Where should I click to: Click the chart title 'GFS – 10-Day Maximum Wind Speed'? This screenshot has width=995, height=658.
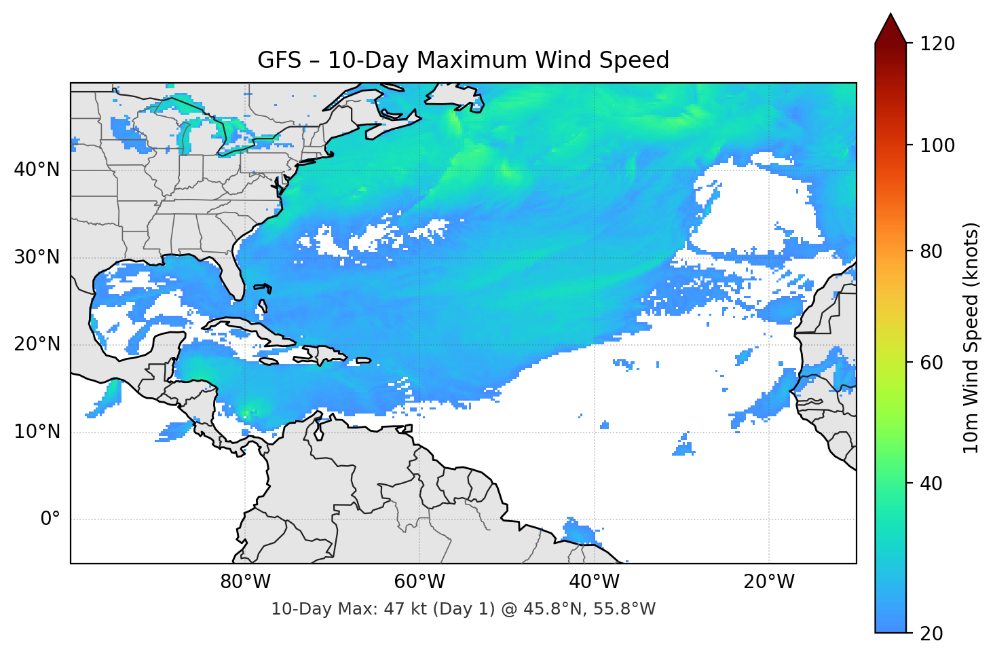coord(463,60)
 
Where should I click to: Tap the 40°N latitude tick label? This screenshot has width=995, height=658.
coord(37,170)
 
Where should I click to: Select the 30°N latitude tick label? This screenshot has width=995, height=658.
coord(37,257)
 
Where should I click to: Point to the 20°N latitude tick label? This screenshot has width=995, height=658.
coord(37,344)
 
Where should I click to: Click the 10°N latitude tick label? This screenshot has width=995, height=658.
coord(37,432)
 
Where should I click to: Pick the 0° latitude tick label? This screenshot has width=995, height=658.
coord(50,519)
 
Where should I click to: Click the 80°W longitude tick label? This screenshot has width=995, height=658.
coord(245,582)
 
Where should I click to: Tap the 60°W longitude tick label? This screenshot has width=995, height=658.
coord(419,582)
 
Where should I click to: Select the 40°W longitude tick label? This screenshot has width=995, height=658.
coord(594,582)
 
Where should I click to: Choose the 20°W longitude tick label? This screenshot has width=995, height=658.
coord(768,582)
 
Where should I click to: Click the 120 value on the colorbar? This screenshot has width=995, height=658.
coord(937,44)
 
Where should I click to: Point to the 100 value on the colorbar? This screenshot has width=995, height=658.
coord(937,145)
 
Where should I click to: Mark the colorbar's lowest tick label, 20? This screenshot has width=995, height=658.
coord(932,634)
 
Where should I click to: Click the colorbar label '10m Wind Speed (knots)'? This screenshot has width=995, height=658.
coord(971,338)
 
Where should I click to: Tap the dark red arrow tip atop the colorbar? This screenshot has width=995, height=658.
coord(890,27)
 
